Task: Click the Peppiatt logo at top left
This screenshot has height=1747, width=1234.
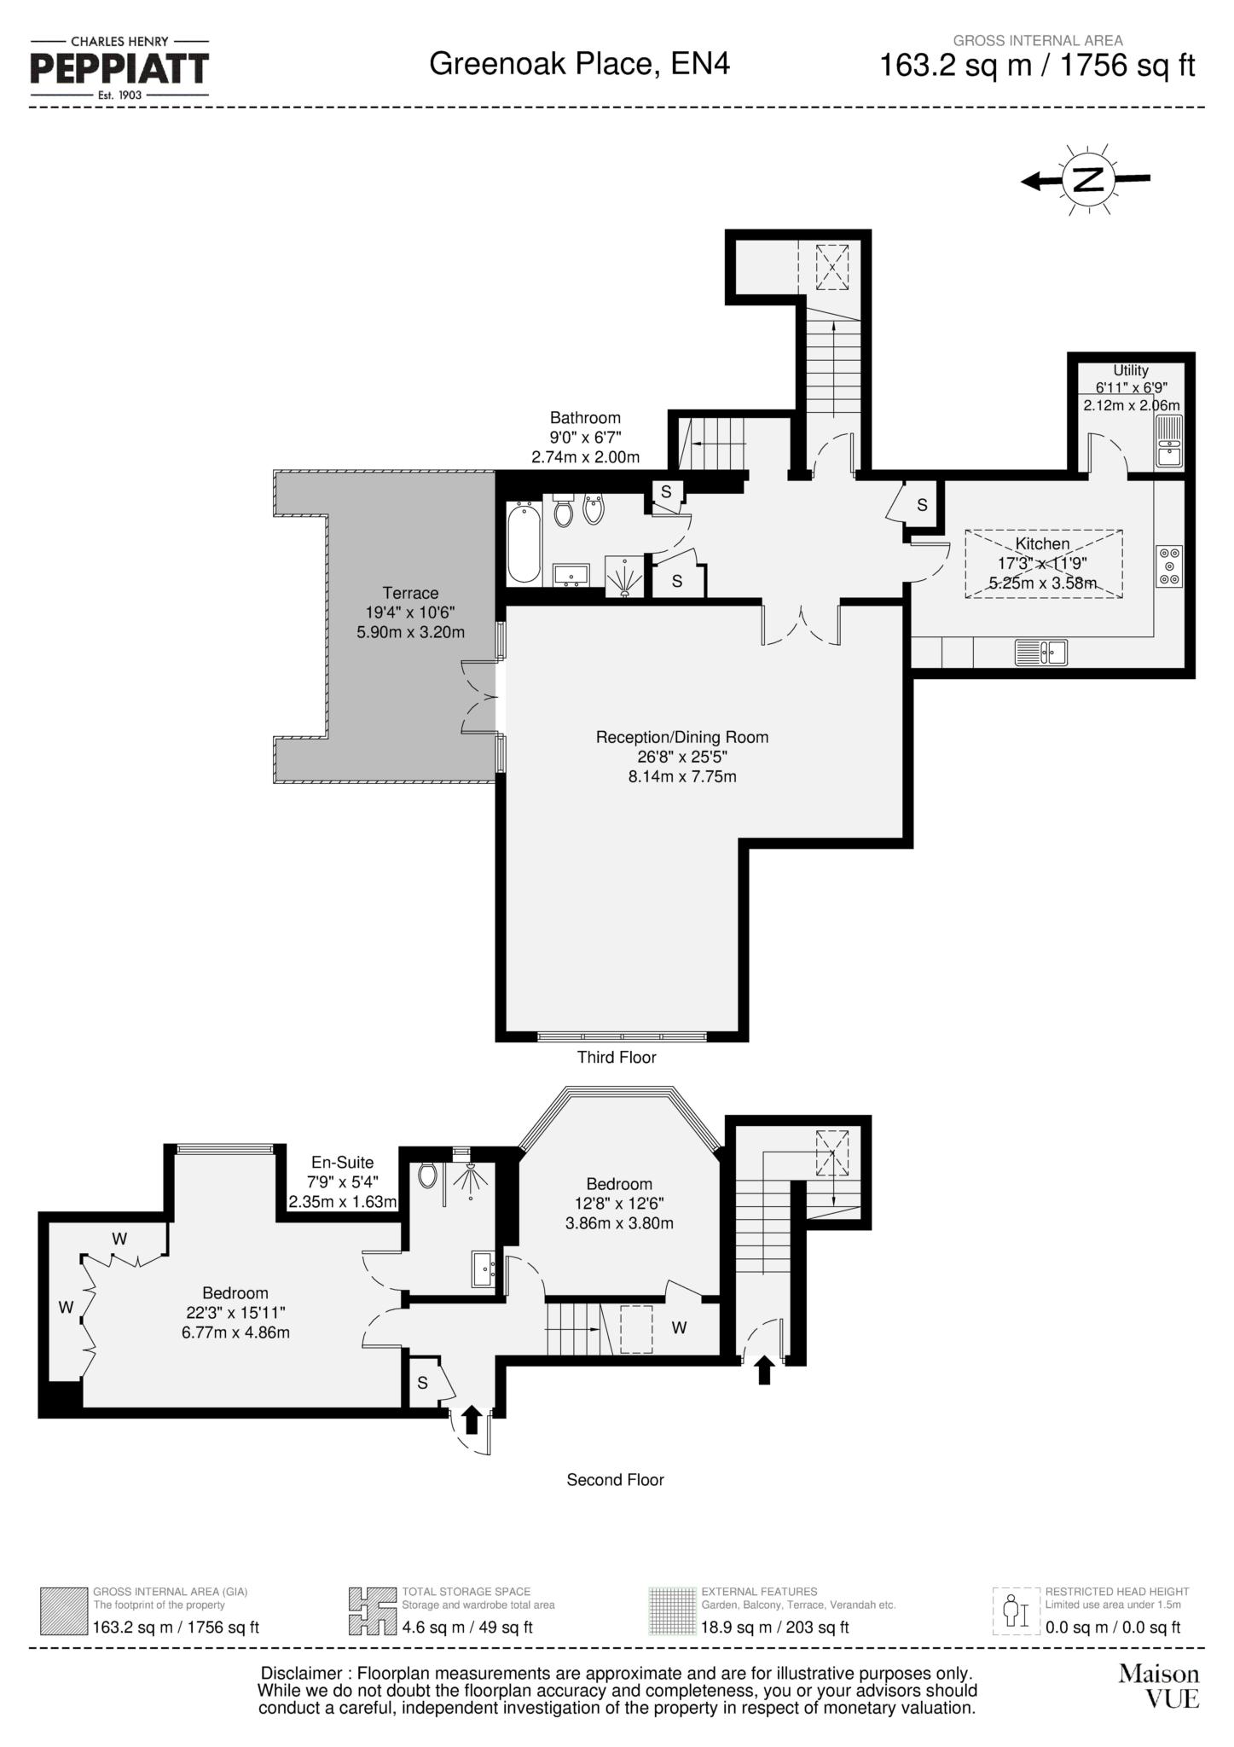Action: click(x=119, y=68)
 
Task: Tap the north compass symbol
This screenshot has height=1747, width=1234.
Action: click(x=1087, y=180)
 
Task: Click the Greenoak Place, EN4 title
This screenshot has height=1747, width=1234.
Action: click(x=579, y=64)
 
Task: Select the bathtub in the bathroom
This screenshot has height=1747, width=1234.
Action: click(x=523, y=542)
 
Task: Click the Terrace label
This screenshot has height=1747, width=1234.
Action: click(x=410, y=593)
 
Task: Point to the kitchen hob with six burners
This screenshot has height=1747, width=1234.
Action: click(x=1169, y=566)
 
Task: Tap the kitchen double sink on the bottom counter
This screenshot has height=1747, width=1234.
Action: click(x=1040, y=653)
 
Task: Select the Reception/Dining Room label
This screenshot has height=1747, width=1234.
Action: click(x=681, y=737)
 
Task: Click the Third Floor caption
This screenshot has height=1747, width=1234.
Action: click(x=617, y=1058)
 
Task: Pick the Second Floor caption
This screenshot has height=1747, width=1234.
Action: click(x=615, y=1480)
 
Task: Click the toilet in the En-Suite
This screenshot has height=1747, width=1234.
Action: click(x=428, y=1175)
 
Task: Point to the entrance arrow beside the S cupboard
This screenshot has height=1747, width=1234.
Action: click(x=471, y=1420)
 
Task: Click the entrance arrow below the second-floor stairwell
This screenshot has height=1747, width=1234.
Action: click(x=764, y=1370)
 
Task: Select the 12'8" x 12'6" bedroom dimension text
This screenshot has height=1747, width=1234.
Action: click(x=619, y=1204)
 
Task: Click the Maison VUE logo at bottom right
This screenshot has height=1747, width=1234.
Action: click(x=1159, y=1686)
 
